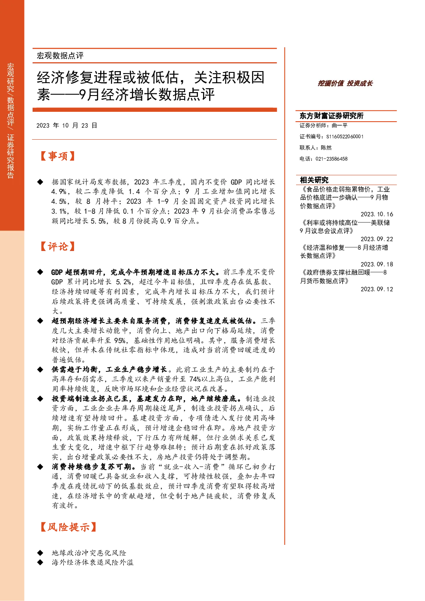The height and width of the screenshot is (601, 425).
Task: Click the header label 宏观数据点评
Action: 60,56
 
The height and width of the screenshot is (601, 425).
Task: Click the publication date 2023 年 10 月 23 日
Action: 67,126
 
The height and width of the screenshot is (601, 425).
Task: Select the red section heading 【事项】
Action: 57,156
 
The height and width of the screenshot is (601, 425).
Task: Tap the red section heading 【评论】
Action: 57,246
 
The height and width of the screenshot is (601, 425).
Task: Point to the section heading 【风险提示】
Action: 68,527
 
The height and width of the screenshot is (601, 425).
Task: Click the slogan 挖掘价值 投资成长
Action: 345,83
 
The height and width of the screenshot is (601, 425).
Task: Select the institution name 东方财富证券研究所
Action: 331,116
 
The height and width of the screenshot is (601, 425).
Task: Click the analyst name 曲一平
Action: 339,126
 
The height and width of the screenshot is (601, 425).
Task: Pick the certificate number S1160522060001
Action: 345,137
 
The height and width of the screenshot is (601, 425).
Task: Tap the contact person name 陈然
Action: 326,147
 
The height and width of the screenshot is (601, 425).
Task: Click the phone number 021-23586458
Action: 331,159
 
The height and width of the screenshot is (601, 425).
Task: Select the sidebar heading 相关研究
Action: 314,180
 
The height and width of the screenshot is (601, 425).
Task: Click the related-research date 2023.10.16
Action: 377,214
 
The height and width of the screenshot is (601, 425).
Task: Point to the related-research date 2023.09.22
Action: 377,239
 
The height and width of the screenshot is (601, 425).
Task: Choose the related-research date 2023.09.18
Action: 377,264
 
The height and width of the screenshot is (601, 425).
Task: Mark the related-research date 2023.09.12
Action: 377,289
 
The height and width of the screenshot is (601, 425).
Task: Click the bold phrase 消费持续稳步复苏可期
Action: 92,467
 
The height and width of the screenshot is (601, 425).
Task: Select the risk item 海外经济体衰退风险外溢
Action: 93,562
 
